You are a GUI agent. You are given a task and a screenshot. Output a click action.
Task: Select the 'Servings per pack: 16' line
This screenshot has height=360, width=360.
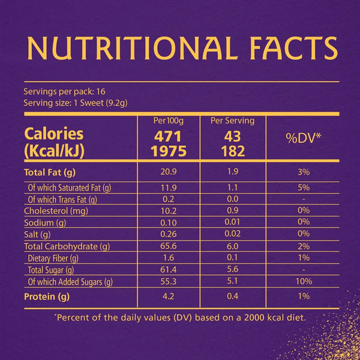click(x=64, y=92)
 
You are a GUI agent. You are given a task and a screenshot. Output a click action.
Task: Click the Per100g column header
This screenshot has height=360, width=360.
click(x=169, y=121)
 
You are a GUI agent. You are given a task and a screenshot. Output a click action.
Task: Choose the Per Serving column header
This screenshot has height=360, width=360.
click(x=232, y=121)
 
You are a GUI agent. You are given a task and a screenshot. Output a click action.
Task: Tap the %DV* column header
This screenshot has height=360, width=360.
click(x=303, y=138)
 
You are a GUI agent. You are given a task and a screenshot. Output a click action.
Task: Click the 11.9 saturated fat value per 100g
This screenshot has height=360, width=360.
click(x=169, y=187)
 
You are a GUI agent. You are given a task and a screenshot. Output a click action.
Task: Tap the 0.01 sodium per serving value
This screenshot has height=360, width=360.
click(x=232, y=223)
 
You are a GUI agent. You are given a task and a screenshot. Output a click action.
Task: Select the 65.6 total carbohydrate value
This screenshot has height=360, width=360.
click(x=169, y=247)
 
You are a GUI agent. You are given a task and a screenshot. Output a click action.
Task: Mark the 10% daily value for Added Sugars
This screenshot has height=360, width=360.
click(x=303, y=282)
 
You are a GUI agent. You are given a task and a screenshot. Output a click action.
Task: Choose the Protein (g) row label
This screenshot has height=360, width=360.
click(x=45, y=296)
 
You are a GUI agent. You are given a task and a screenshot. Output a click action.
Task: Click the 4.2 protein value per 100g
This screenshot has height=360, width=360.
click(x=169, y=296)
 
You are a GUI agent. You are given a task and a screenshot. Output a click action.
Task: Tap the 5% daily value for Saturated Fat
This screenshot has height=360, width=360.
click(x=303, y=187)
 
